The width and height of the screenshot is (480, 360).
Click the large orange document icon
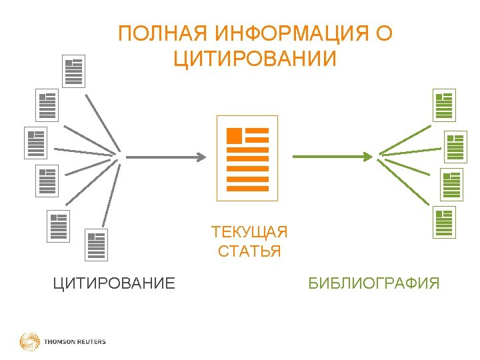pyautogui.click(x=247, y=158)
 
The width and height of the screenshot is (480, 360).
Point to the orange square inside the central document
pyautogui.click(x=234, y=135)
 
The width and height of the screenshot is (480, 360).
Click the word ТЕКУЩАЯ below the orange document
pyautogui.click(x=249, y=233)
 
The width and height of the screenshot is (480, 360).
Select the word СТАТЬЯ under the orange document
pyautogui.click(x=249, y=252)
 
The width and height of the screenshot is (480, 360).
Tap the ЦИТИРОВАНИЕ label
pyautogui.click(x=114, y=284)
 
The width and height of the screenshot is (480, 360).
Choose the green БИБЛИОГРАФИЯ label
pyautogui.click(x=374, y=284)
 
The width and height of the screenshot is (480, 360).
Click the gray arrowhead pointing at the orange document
pyautogui.click(x=200, y=157)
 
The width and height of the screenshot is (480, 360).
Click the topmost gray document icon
pyautogui.click(x=73, y=71)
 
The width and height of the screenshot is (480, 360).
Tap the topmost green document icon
pyautogui.click(x=443, y=105)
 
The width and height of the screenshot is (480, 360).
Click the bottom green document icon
pyautogui.click(x=443, y=222)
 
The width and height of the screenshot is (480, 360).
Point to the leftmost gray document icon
pyautogui.click(x=35, y=143)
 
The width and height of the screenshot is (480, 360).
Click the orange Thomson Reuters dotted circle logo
pyautogui.click(x=29, y=342)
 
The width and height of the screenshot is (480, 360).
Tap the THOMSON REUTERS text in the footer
pyautogui.click(x=75, y=342)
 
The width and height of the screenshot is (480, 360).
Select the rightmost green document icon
pyautogui.click(x=455, y=147)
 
